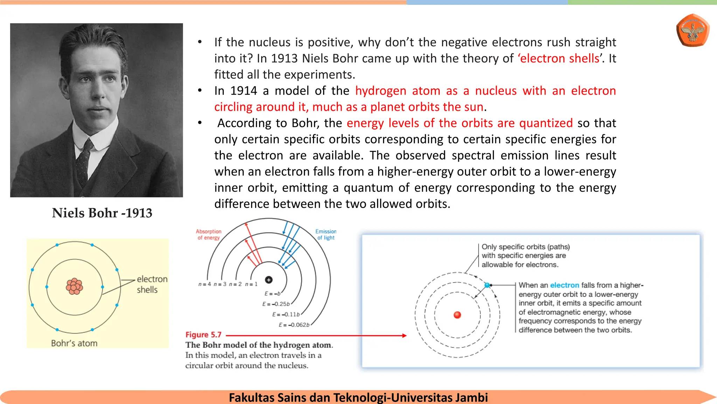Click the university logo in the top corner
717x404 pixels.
[693, 31]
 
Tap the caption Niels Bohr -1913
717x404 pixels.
[102, 213]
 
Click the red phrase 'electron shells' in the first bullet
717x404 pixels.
[559, 58]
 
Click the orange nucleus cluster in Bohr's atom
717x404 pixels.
[74, 286]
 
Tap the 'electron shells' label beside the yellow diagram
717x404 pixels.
[152, 284]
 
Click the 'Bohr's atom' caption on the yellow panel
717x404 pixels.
[74, 343]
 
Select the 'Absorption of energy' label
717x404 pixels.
[209, 234]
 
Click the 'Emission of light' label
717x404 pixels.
[326, 234]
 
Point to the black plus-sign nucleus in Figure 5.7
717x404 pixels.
[269, 280]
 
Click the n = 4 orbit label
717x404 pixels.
[204, 284]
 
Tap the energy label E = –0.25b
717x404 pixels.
[276, 304]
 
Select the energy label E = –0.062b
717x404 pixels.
[294, 325]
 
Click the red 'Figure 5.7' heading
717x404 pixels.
[203, 335]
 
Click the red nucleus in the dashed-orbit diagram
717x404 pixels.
[457, 315]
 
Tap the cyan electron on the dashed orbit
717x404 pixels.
[487, 285]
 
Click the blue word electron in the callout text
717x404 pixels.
[564, 285]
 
